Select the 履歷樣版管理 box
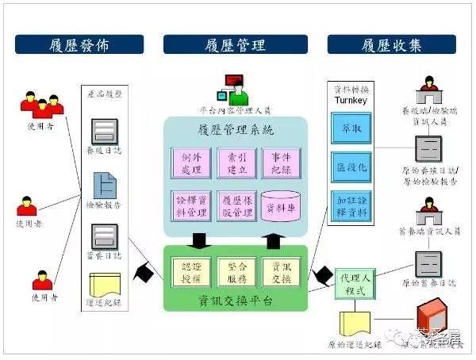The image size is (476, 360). [x=235, y=205]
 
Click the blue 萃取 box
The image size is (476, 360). [x=350, y=128]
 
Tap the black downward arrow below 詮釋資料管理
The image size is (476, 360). [x=198, y=239]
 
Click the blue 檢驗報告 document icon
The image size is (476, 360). [x=105, y=184]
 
